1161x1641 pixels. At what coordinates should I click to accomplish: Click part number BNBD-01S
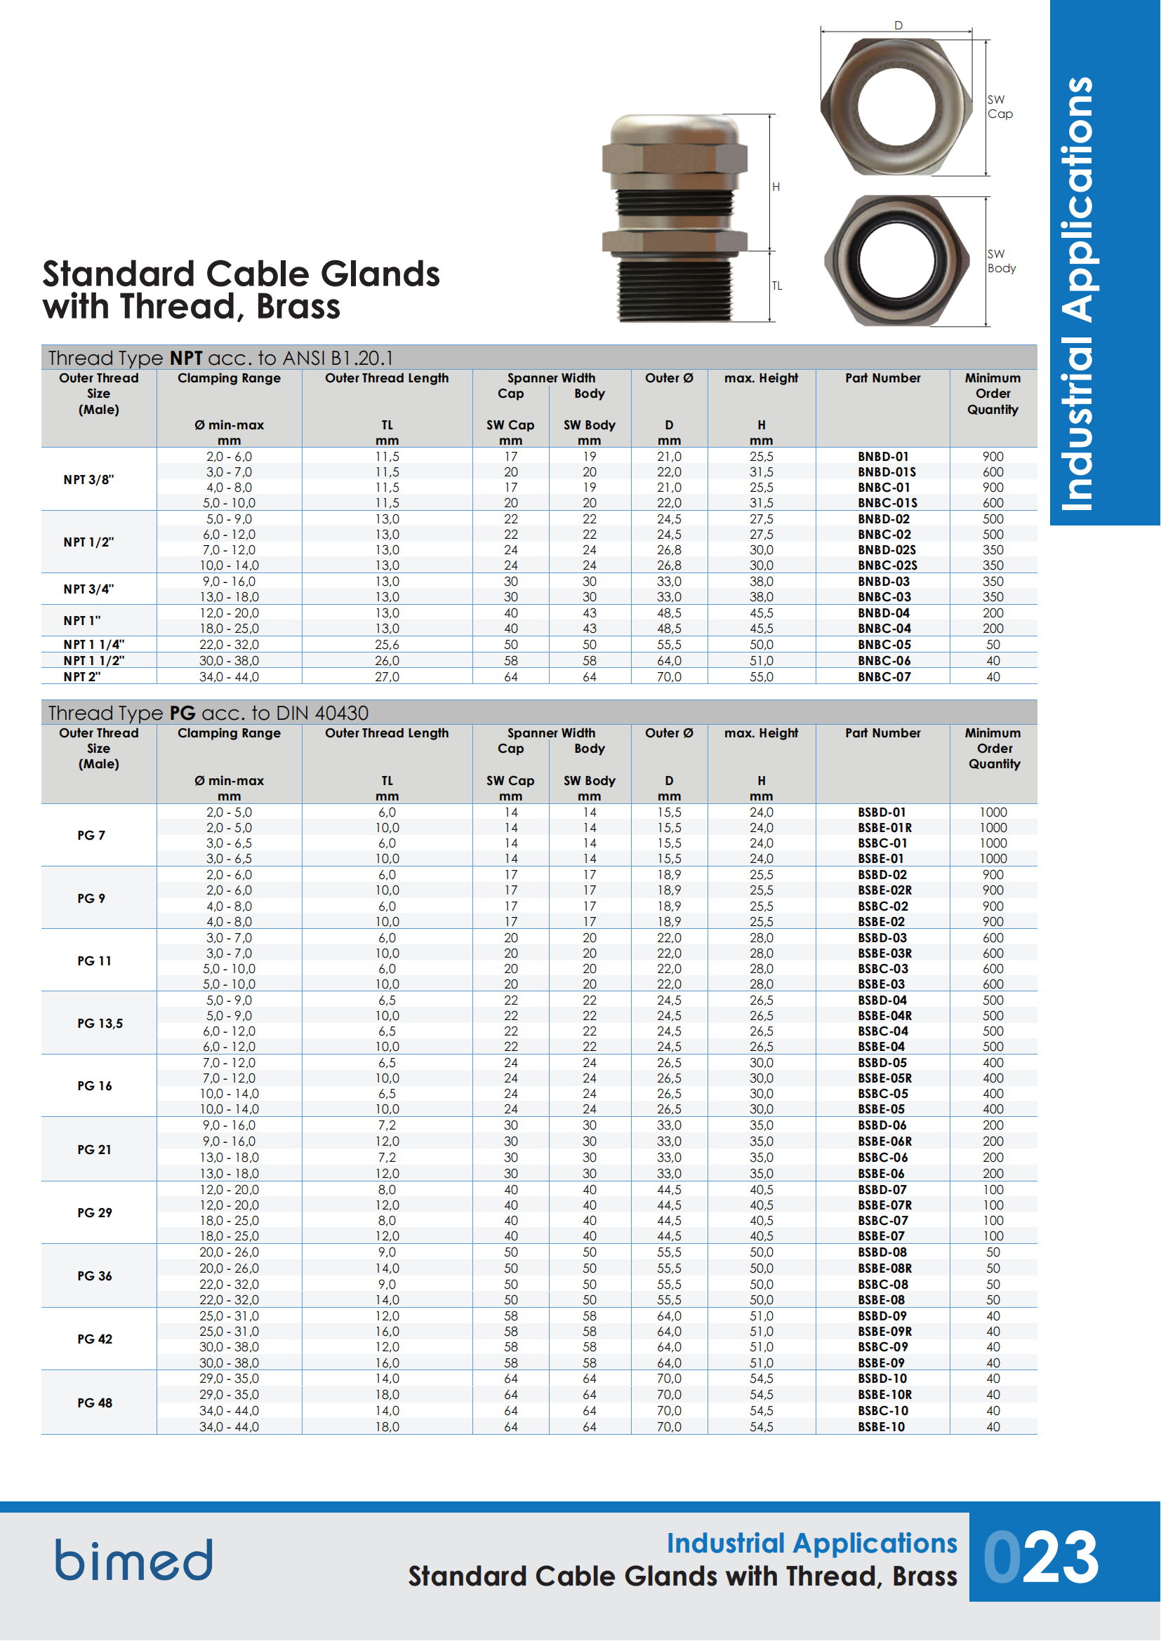click(887, 471)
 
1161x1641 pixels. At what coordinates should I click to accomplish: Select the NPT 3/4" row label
click(88, 589)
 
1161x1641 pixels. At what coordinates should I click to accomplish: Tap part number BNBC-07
click(884, 677)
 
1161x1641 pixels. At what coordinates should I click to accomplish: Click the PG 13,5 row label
click(100, 1024)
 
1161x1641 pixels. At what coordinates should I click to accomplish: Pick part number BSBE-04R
click(884, 1016)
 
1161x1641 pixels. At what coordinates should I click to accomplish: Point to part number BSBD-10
click(882, 1379)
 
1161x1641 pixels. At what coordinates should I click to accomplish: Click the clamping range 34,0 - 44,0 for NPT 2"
click(229, 677)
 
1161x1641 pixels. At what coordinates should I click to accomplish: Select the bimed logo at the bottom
click(134, 1560)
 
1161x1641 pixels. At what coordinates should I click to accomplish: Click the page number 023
click(1041, 1558)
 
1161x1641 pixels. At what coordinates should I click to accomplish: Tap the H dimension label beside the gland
click(776, 187)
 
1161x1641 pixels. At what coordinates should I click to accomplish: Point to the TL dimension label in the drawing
click(776, 286)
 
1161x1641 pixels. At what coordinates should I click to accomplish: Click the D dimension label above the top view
click(898, 26)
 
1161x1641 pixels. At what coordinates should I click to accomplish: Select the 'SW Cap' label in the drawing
click(1000, 107)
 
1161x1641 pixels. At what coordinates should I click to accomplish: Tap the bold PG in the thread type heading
click(183, 714)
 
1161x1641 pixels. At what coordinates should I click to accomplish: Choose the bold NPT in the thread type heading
click(186, 358)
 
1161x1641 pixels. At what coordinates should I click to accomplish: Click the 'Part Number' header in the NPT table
click(883, 378)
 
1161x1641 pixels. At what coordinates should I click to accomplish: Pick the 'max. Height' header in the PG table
click(761, 733)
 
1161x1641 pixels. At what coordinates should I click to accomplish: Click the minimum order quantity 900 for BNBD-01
click(993, 457)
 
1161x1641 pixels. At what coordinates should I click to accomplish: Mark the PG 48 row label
click(95, 1403)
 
